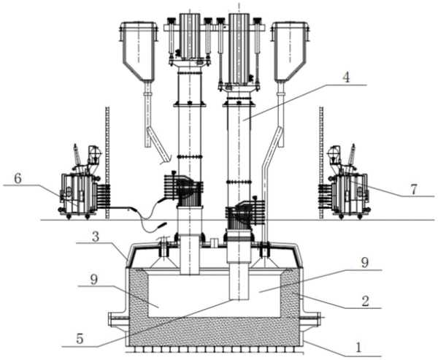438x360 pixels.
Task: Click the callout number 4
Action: click(346, 77)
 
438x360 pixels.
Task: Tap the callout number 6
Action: click(18, 179)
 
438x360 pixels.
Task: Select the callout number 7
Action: click(414, 190)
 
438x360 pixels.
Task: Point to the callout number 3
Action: click(96, 237)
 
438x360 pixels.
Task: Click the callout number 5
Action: click(80, 339)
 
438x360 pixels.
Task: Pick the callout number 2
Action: click(365, 301)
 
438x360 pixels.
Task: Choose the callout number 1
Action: click(358, 348)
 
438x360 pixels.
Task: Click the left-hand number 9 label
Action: click(94, 280)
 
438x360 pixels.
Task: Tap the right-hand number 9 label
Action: click(365, 263)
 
